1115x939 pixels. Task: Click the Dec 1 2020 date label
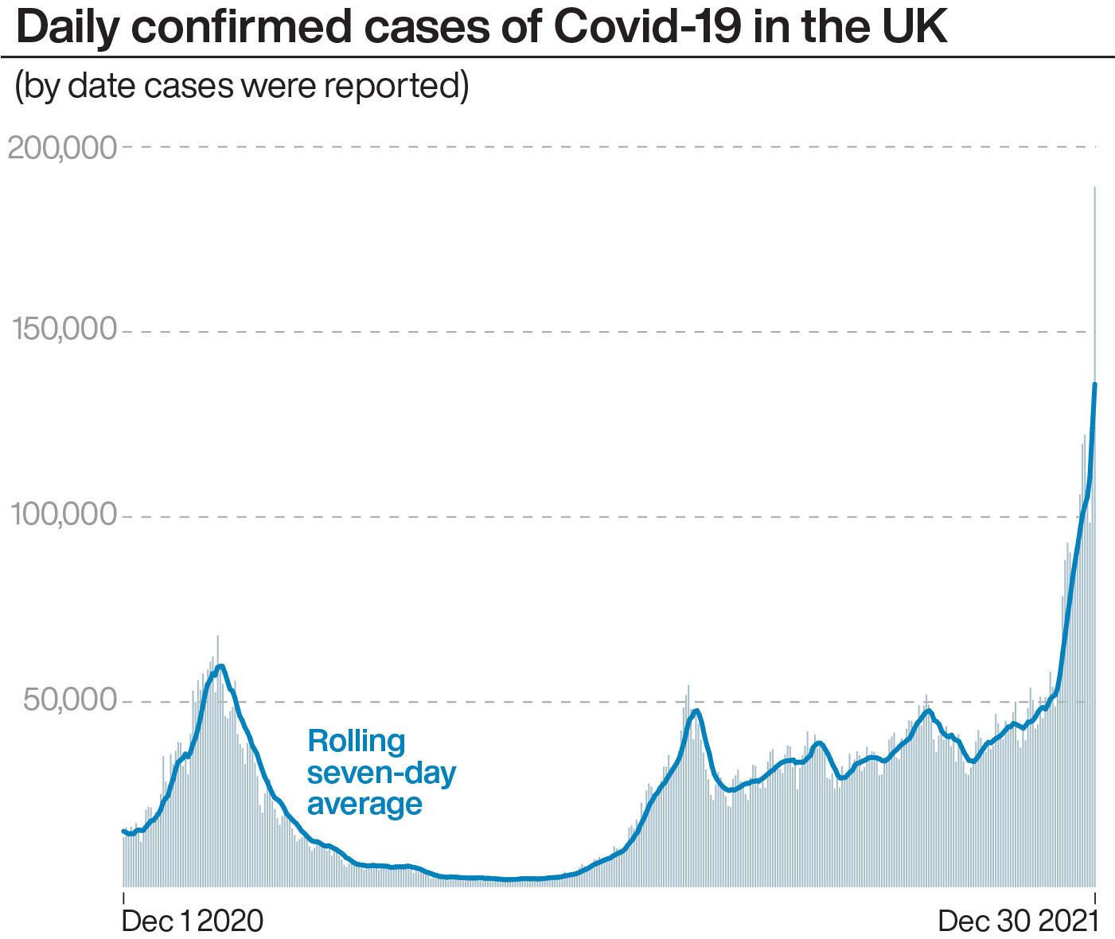pos(192,921)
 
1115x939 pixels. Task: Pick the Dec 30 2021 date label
pos(1018,921)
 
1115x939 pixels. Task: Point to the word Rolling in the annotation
pos(357,741)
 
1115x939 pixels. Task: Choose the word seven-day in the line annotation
pos(382,773)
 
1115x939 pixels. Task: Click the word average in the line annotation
pos(365,804)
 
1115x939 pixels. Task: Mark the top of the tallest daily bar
pos(1095,188)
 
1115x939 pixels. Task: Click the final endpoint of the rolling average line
pos(1095,384)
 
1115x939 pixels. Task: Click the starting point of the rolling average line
pos(123,831)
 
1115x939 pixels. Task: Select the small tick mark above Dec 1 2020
pos(123,897)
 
